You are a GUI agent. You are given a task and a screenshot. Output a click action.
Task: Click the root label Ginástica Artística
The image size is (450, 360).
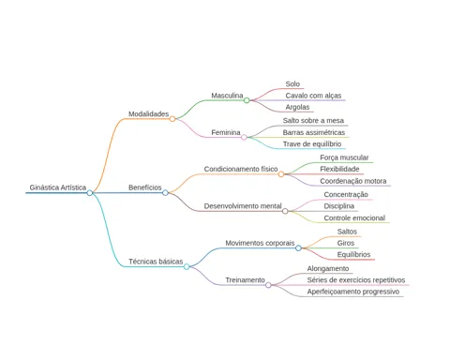(x=58, y=187)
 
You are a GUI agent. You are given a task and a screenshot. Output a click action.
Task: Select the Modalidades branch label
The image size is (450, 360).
(x=149, y=114)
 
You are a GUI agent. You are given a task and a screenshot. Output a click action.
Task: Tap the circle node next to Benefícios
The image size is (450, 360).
(x=165, y=193)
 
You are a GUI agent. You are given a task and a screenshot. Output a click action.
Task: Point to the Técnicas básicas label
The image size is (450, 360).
(x=156, y=262)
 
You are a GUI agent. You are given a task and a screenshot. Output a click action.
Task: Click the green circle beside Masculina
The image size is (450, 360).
(x=247, y=100)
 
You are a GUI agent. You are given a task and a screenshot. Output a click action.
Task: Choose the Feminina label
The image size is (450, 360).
(x=226, y=132)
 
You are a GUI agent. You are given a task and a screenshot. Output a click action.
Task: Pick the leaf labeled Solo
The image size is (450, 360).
(x=292, y=84)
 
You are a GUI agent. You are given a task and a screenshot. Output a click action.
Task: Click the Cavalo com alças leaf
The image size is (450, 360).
(x=313, y=96)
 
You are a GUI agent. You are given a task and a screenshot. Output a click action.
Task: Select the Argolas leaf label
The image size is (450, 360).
(x=297, y=107)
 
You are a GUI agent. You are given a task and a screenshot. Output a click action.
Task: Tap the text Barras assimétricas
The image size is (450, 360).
(x=314, y=132)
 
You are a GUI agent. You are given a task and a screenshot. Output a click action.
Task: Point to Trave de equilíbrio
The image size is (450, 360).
(x=312, y=144)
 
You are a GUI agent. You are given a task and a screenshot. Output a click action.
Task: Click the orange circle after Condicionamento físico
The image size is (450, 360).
(x=281, y=174)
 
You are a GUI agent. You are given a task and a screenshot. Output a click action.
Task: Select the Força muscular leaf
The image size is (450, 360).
(x=344, y=157)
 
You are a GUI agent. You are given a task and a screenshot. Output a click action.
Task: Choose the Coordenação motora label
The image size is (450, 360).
(x=353, y=181)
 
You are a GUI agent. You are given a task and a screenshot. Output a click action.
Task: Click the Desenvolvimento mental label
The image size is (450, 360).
(x=243, y=206)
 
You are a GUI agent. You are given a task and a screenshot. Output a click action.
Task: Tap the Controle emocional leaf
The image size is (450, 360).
(x=354, y=218)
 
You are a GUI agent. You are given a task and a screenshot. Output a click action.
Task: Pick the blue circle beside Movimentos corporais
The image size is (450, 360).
(x=298, y=248)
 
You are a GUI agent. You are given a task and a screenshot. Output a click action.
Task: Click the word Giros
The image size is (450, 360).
(x=346, y=243)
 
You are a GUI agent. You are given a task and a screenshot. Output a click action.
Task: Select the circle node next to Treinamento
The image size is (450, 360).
(x=268, y=285)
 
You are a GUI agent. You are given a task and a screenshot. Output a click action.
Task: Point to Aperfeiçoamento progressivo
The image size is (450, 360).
(x=353, y=292)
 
